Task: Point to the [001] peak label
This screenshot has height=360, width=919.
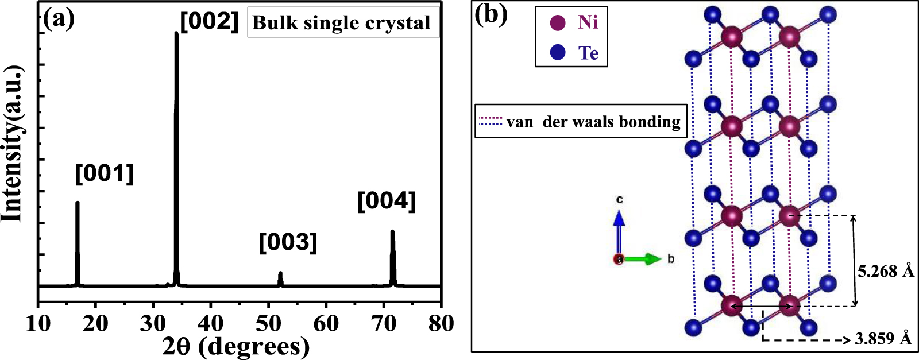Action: click(105, 173)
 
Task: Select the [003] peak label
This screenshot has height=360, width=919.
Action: click(288, 242)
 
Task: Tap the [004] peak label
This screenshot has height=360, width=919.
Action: click(386, 202)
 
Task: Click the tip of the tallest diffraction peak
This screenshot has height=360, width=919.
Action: click(176, 33)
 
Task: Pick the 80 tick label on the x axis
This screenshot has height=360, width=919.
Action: click(441, 323)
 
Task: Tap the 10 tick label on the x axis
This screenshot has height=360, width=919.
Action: click(38, 323)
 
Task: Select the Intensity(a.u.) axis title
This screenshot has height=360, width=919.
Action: click(12, 144)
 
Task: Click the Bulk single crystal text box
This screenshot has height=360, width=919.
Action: click(343, 23)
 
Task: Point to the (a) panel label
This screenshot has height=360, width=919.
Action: click(59, 19)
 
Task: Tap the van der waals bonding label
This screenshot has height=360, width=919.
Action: click(593, 122)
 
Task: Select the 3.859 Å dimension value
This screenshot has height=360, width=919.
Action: click(883, 338)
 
